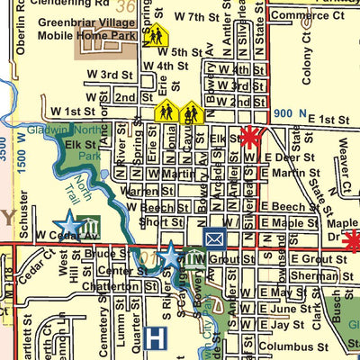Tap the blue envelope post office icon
pyautogui.click(x=214, y=238)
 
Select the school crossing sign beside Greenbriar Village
pyautogui.click(x=156, y=35)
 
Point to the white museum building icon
pyautogui.click(x=88, y=223)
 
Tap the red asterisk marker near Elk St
pyautogui.click(x=250, y=138)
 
